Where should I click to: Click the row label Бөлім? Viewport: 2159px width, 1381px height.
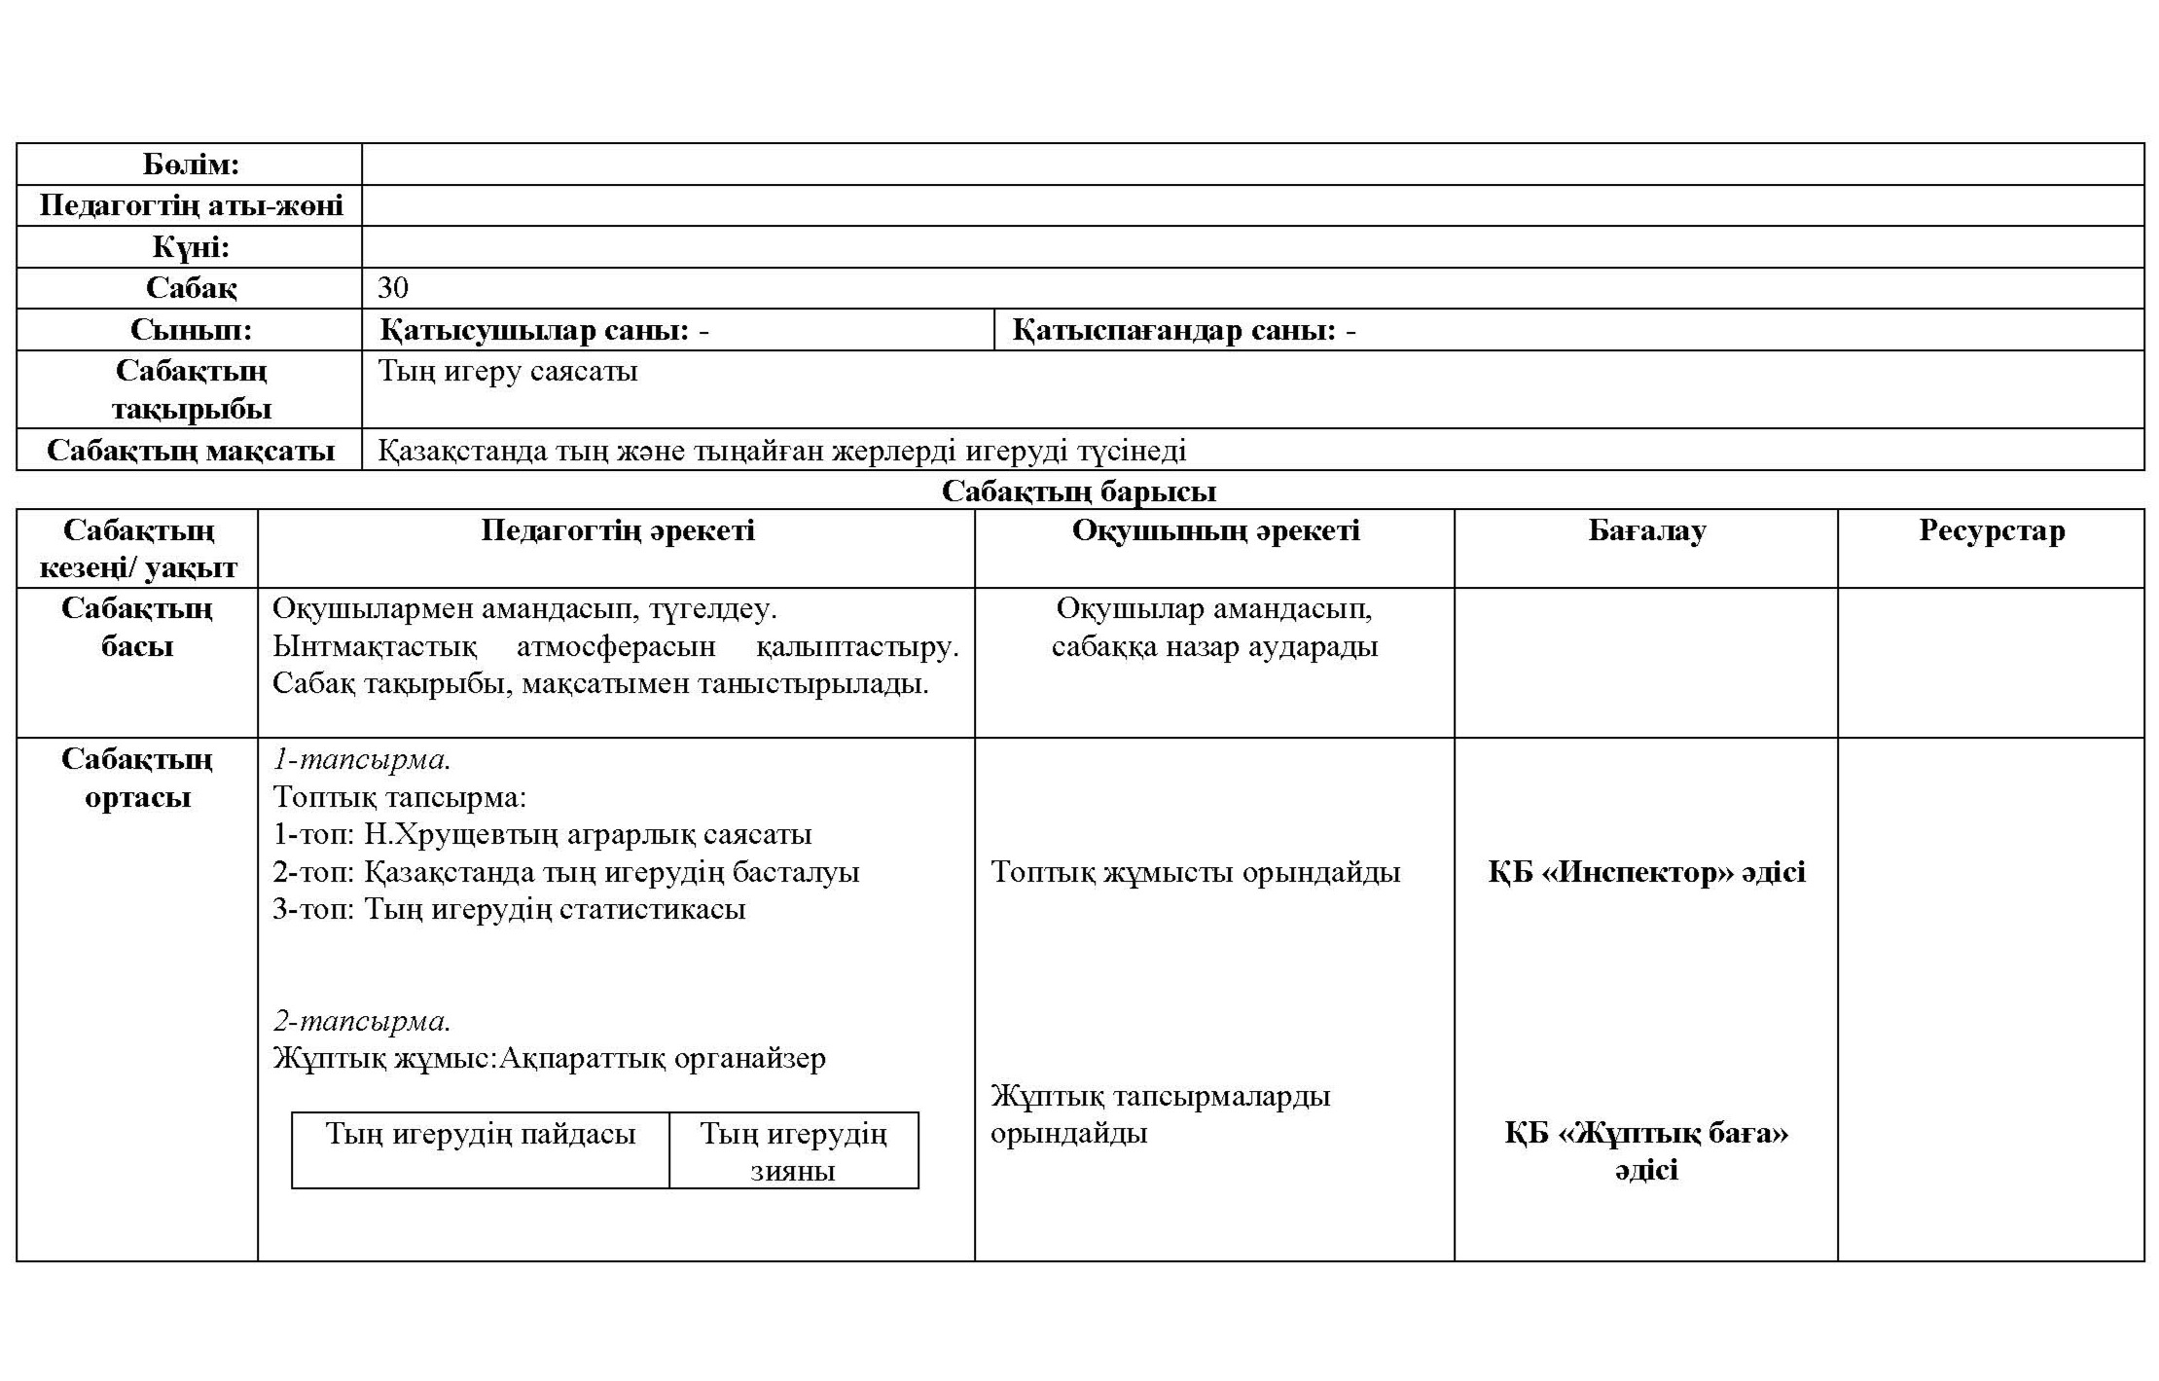pyautogui.click(x=191, y=164)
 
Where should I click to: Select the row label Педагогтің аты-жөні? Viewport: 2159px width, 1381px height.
pyautogui.click(x=191, y=206)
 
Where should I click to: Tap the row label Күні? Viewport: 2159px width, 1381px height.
pyautogui.click(x=191, y=247)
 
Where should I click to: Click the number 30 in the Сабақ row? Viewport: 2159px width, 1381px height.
pyautogui.click(x=393, y=288)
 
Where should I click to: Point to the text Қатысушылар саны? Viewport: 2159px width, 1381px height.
pyautogui.click(x=535, y=331)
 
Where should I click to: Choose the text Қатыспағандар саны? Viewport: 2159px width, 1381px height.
pyautogui.click(x=1173, y=331)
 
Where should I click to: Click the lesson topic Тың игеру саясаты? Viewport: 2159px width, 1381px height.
pyautogui.click(x=508, y=372)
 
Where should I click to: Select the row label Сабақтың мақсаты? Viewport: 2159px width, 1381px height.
pyautogui.click(x=191, y=451)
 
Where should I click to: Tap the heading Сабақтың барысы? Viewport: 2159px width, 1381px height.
pyautogui.click(x=1079, y=491)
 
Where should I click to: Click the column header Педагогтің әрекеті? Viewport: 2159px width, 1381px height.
pyautogui.click(x=617, y=530)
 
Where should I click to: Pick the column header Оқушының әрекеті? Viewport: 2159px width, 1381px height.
pyautogui.click(x=1215, y=530)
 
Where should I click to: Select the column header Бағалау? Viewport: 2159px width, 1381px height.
pyautogui.click(x=1646, y=531)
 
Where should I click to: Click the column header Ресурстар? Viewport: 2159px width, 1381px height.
pyautogui.click(x=1991, y=531)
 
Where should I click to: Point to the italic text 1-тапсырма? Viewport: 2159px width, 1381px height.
pyautogui.click(x=361, y=759)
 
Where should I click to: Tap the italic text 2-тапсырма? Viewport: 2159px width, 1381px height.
pyautogui.click(x=361, y=1021)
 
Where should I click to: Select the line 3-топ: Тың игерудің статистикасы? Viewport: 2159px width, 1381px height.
pyautogui.click(x=509, y=910)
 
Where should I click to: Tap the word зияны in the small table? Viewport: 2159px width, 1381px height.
pyautogui.click(x=793, y=1171)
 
